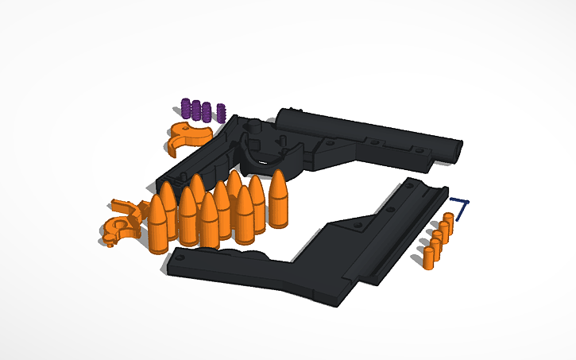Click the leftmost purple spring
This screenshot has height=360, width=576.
(186, 107)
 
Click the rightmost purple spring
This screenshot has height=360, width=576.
(222, 112)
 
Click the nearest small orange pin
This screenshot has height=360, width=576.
(428, 257)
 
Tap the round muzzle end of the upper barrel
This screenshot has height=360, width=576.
(456, 149)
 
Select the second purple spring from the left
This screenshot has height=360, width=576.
(195, 109)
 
